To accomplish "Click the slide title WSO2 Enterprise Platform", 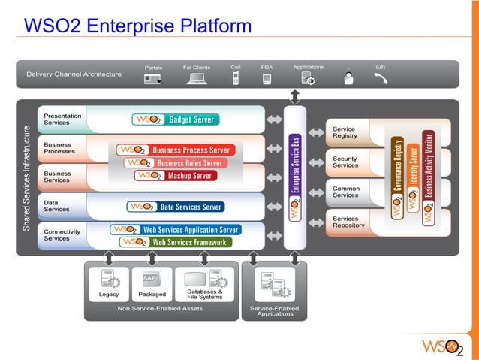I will point(137,26).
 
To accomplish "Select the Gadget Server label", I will point(175,119).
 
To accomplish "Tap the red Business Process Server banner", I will point(175,150).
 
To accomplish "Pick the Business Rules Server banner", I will point(174,162).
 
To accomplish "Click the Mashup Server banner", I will point(175,176).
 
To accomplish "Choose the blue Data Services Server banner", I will point(175,207).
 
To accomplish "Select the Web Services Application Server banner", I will point(175,230).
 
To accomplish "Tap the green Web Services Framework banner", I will point(175,242).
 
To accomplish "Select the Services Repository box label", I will point(348,222).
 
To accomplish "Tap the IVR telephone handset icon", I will point(381,78).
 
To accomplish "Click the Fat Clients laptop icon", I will point(197,78).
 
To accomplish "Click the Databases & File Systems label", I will point(204,294).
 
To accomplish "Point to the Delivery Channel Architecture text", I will point(74,74).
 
